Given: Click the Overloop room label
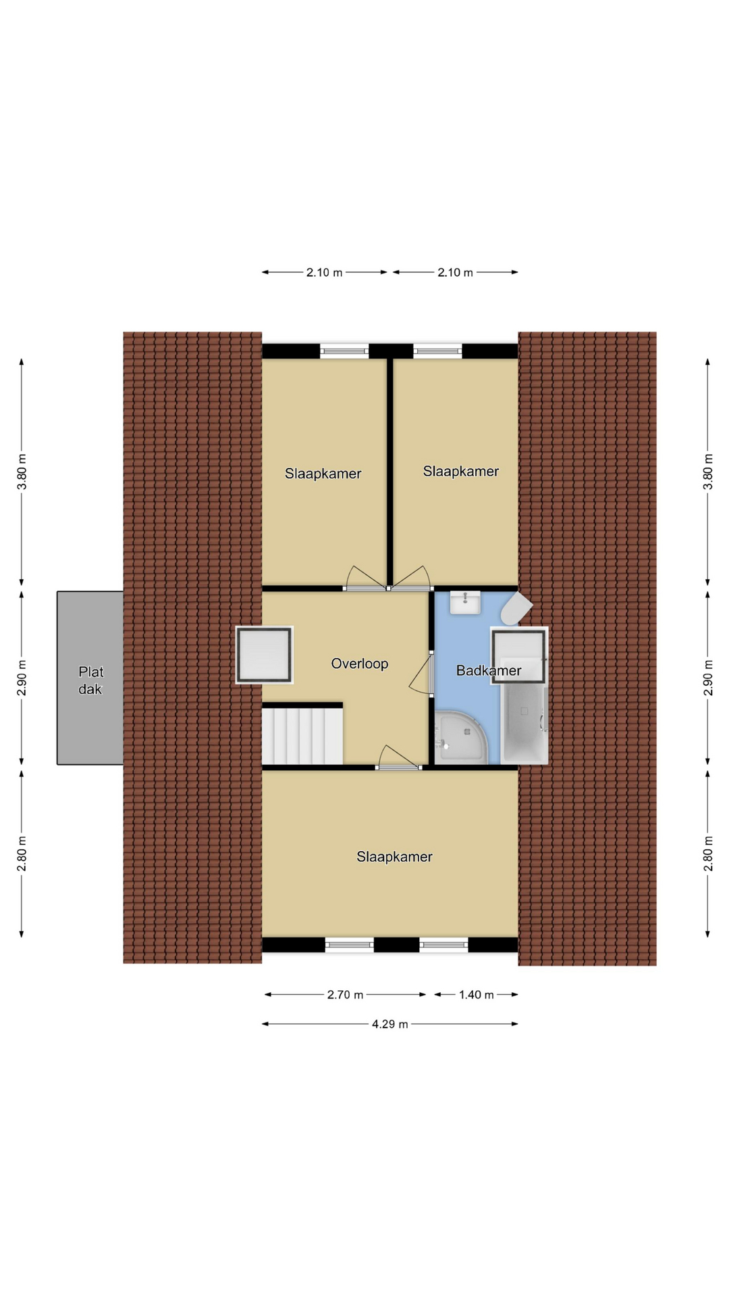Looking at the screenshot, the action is coord(359,664).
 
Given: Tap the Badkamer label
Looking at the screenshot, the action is coord(489,670).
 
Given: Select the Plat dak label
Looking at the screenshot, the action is coord(90,680).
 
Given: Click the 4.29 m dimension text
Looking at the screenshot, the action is coord(390,1024).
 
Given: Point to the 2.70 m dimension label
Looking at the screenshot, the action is coord(345,994).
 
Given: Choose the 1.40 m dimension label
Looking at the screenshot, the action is coord(477,994).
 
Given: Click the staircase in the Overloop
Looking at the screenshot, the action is coord(302,734).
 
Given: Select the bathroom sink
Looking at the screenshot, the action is coord(465,602).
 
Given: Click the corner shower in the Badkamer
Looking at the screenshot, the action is coord(460,737).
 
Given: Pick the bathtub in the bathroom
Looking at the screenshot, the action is coord(524,725).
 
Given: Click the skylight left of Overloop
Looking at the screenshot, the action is coord(264,655).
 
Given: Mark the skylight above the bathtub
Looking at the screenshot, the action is coord(519,656).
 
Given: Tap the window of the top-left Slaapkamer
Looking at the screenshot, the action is coord(344,350).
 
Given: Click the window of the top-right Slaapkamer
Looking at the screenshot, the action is coord(437,350).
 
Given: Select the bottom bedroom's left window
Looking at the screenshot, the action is coord(350,945).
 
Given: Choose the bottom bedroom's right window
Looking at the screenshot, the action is coord(443,945).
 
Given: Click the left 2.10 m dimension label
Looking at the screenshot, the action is coord(324,273).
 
